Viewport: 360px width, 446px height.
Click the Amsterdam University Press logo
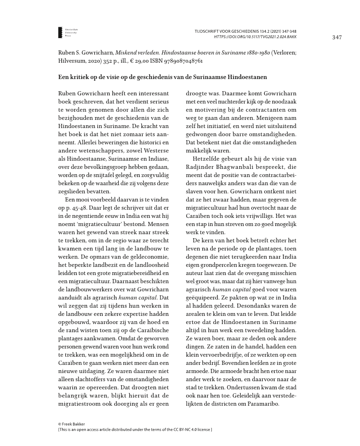pos(60,32)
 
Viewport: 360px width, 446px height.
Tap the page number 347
pos(336,37)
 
